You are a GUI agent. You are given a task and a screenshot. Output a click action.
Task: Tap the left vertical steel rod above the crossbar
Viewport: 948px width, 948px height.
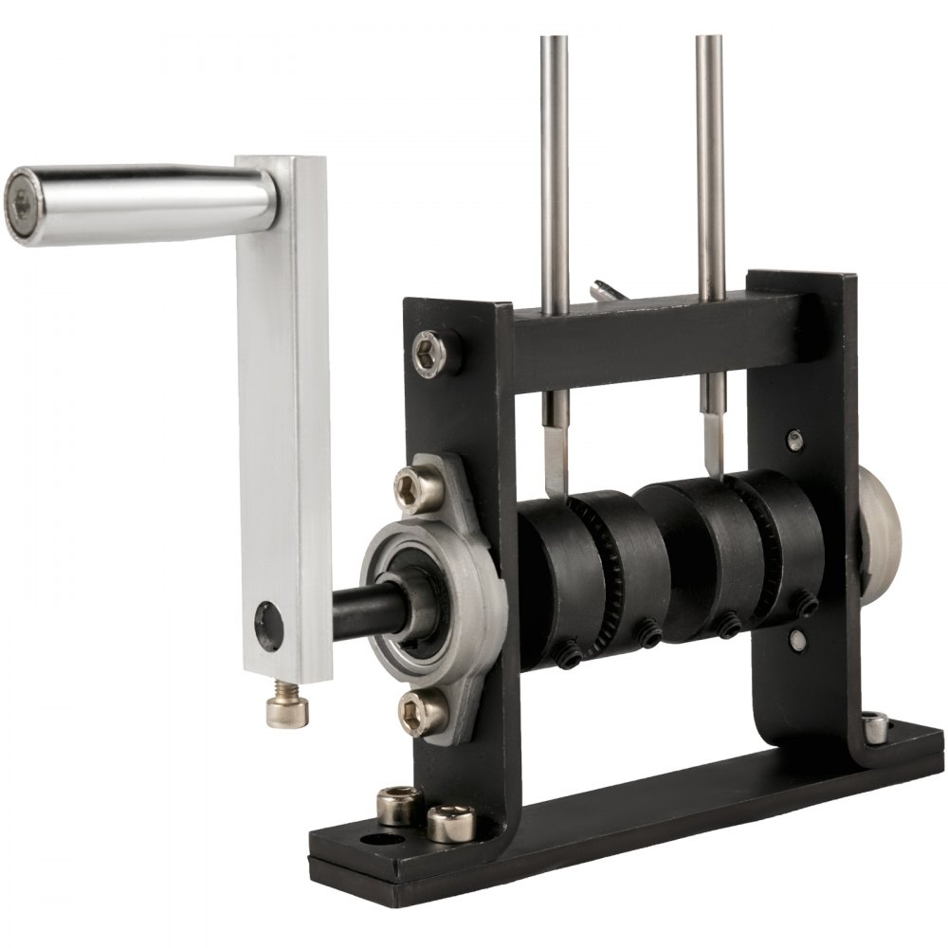click(x=555, y=171)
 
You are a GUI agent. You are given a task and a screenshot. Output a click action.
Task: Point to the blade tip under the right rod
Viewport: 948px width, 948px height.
click(x=713, y=455)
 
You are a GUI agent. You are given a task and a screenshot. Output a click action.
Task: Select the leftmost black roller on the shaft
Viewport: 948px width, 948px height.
click(x=555, y=578)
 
